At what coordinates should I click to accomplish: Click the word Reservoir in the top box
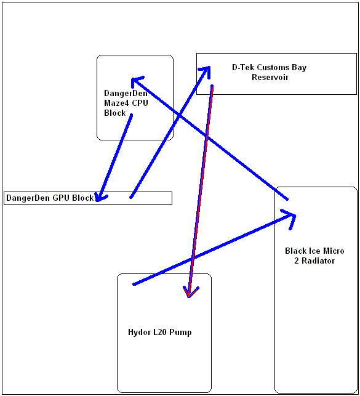click(x=270, y=77)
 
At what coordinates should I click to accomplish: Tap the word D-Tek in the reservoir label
click(x=239, y=67)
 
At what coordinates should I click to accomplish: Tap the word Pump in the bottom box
click(x=180, y=332)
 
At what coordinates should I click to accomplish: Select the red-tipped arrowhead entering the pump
click(x=191, y=292)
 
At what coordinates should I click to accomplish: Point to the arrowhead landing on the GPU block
click(x=101, y=197)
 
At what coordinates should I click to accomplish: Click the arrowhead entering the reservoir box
click(x=206, y=71)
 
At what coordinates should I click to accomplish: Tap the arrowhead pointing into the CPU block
click(x=136, y=81)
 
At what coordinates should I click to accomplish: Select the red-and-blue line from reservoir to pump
click(x=201, y=192)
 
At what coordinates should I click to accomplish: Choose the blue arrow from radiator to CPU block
click(x=209, y=138)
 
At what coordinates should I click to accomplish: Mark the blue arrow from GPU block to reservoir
click(x=170, y=132)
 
